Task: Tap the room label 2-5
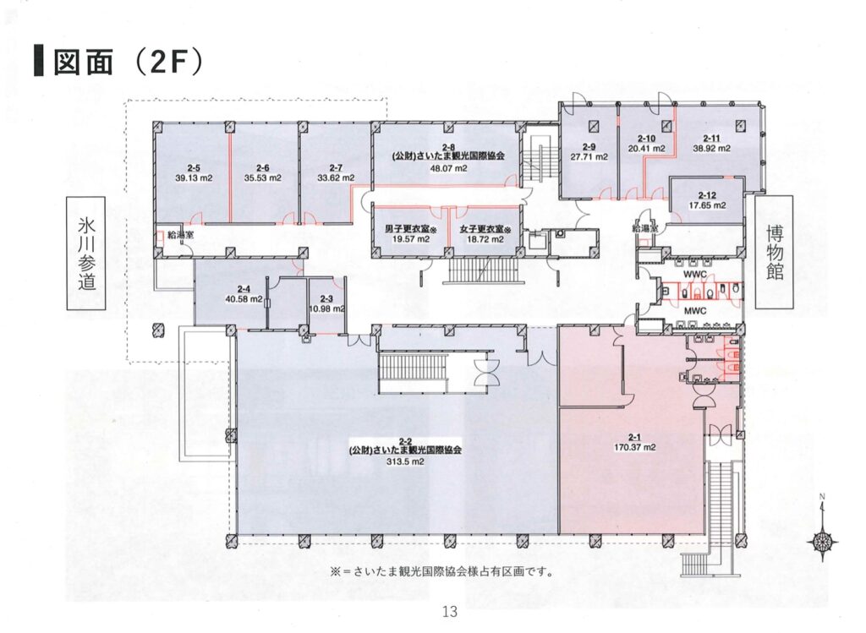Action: point(194,167)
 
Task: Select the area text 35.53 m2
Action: point(263,177)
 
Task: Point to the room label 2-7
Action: point(335,167)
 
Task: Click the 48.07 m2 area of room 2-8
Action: point(448,168)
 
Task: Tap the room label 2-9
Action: point(589,147)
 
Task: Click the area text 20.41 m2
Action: point(646,148)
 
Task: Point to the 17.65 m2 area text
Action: point(708,205)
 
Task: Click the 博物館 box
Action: point(774,252)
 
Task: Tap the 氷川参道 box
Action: point(86,254)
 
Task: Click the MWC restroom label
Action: point(695,311)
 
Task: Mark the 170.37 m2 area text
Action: point(634,448)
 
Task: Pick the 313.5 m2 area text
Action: point(405,462)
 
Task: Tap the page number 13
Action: point(450,611)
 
